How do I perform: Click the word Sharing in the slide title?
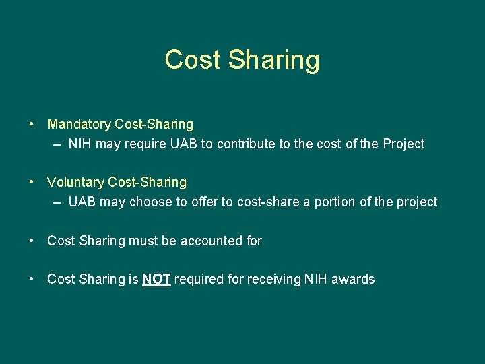273,60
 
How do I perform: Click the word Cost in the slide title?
193,59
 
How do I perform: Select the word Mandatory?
79,124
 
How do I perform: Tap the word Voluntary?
75,182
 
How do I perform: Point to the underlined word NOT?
156,279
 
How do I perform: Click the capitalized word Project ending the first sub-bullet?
403,144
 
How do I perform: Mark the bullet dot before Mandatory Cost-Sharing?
32,125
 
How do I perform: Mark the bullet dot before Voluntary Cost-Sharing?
32,183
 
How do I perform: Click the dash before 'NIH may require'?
58,144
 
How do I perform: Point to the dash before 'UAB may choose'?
58,202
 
